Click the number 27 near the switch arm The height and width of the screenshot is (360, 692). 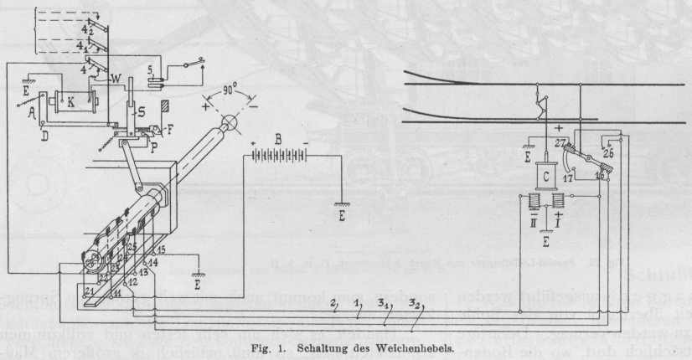tap(560, 143)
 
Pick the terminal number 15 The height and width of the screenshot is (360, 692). tap(161, 250)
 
